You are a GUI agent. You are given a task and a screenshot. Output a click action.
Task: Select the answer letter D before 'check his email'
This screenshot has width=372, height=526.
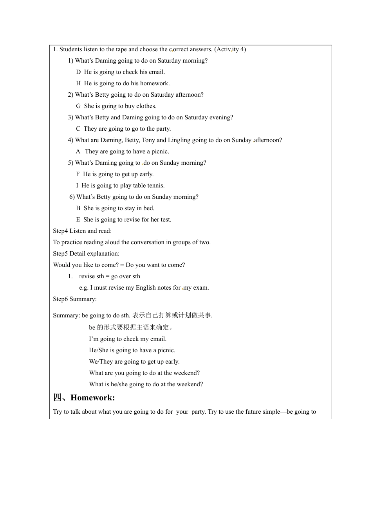point(78,72)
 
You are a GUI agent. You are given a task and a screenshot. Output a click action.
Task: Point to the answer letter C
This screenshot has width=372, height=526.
point(78,129)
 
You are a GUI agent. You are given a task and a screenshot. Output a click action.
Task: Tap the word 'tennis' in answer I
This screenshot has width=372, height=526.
point(156,186)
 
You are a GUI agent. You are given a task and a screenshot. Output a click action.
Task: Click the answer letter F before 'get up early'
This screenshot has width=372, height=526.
point(78,174)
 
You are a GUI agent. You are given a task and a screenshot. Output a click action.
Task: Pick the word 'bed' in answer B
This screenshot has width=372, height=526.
point(149,208)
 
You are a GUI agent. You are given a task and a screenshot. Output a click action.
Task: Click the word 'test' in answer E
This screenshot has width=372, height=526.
point(166,220)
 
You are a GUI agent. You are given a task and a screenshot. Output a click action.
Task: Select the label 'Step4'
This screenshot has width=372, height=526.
point(61,231)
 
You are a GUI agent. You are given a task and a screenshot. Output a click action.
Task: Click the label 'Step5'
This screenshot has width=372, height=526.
point(61,254)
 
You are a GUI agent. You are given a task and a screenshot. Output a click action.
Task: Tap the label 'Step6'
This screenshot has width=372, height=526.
point(61,299)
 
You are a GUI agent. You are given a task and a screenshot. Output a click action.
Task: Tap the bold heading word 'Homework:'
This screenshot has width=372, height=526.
point(93,398)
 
